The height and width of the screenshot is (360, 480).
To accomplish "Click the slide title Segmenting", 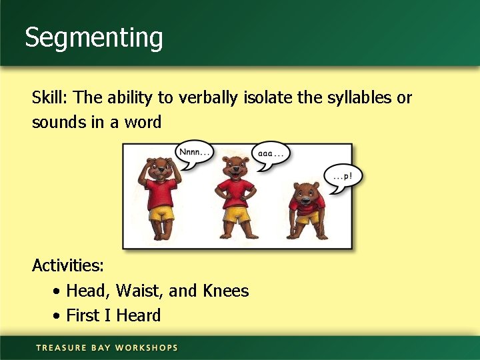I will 94,38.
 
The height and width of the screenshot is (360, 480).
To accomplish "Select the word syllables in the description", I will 360,98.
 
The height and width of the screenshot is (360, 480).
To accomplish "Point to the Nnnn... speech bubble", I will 193,153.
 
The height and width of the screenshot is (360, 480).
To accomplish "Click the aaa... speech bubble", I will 270,154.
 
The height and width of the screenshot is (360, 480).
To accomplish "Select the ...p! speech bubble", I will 343,178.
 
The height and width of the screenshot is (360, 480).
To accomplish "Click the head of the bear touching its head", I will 160,168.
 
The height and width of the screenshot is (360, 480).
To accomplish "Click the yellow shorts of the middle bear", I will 235,215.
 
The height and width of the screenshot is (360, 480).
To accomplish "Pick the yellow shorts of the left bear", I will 161,213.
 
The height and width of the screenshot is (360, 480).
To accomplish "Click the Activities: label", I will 68,265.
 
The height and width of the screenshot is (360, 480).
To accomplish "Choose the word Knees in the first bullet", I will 225,291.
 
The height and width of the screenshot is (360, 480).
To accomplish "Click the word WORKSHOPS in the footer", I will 147,347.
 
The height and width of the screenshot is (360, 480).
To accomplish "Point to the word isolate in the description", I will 267,98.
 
